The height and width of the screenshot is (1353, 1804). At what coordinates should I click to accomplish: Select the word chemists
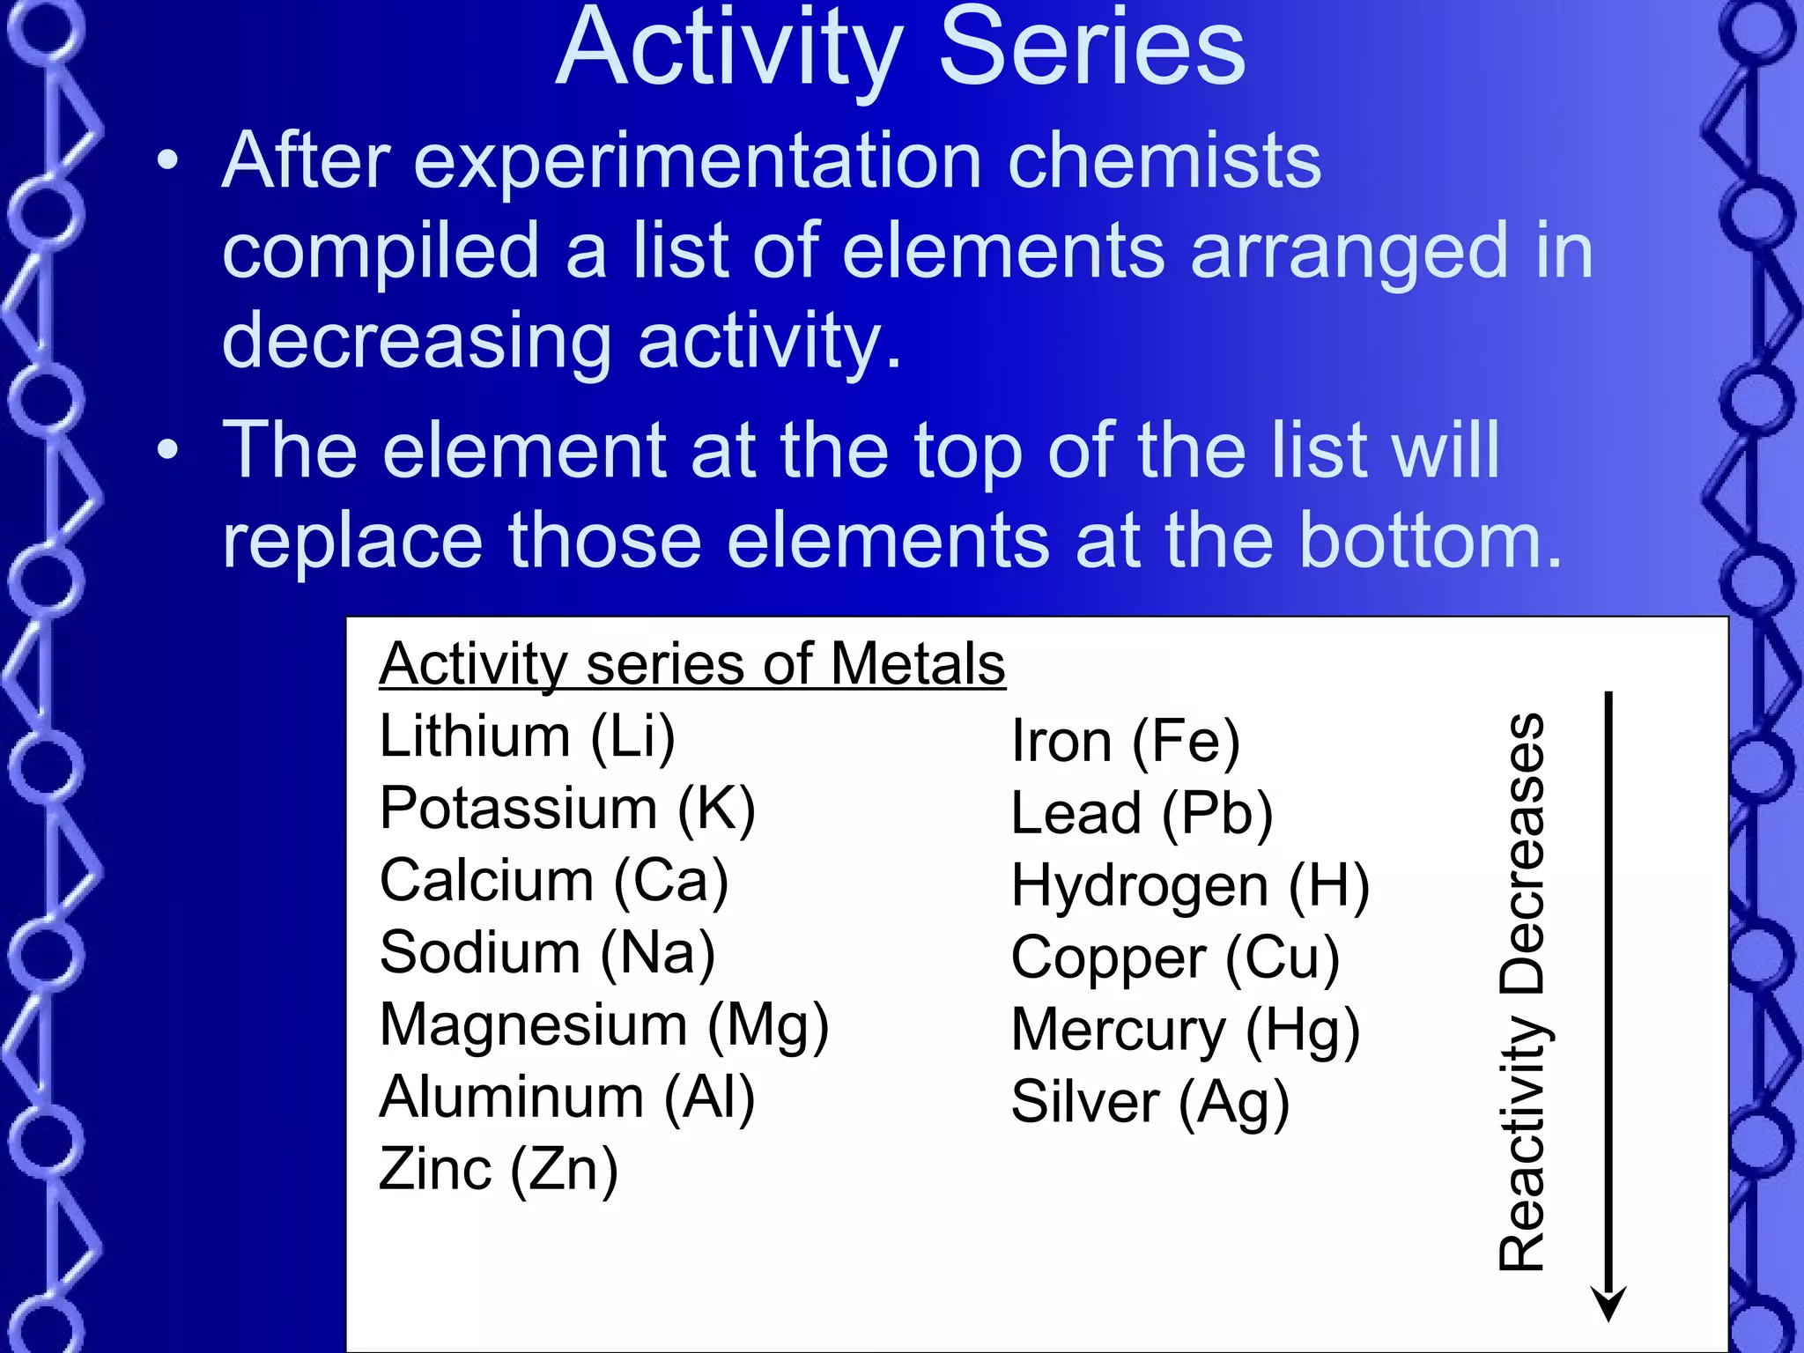[x=1164, y=162]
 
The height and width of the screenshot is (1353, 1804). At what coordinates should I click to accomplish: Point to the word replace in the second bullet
[x=352, y=541]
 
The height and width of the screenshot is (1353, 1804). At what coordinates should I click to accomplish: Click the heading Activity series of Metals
[x=692, y=664]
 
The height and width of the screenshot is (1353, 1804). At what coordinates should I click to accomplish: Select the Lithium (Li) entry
[x=527, y=736]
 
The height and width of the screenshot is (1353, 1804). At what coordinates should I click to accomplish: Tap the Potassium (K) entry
[x=567, y=809]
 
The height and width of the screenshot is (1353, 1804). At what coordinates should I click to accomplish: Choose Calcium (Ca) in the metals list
[x=554, y=881]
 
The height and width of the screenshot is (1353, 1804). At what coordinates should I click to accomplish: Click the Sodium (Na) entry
[x=547, y=953]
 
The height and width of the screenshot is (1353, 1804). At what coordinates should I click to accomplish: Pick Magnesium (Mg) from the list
[x=604, y=1026]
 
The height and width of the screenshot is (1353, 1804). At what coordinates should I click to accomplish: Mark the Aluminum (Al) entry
[x=567, y=1098]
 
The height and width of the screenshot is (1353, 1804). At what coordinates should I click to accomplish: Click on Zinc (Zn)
[x=499, y=1171]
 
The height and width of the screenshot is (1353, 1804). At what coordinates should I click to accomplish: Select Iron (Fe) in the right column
[x=1126, y=742]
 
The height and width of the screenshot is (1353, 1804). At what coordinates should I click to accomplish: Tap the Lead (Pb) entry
[x=1142, y=814]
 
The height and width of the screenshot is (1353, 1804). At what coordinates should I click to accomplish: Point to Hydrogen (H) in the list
[x=1190, y=886]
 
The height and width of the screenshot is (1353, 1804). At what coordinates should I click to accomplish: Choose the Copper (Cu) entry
[x=1175, y=958]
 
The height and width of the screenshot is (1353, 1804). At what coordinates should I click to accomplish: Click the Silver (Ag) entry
[x=1150, y=1103]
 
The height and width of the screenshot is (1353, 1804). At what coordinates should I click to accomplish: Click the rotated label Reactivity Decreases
[x=1522, y=991]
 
